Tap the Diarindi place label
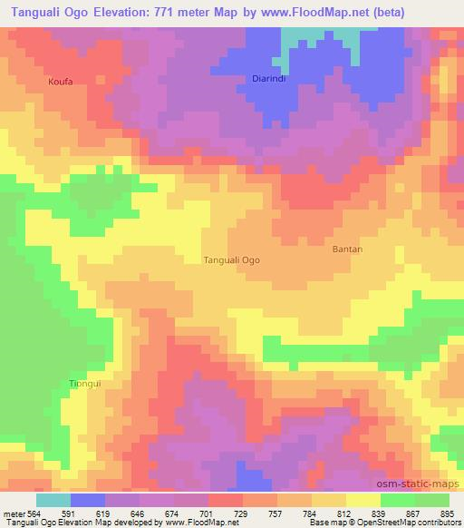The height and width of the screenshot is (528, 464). pos(268,79)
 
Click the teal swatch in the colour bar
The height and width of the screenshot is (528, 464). pos(53,501)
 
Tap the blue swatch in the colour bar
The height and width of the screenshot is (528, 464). pos(88,501)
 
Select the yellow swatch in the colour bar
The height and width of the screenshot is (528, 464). pos(363,501)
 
